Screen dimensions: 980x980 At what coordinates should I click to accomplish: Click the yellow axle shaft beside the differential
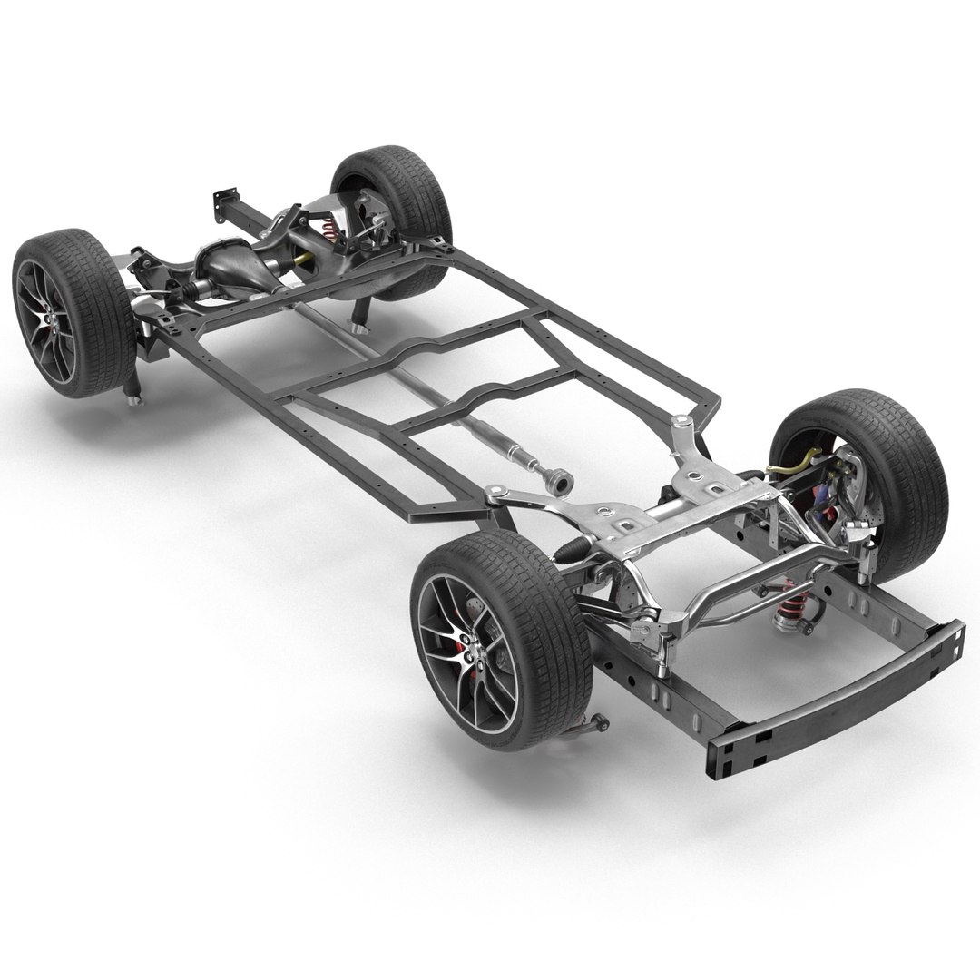[305, 264]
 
